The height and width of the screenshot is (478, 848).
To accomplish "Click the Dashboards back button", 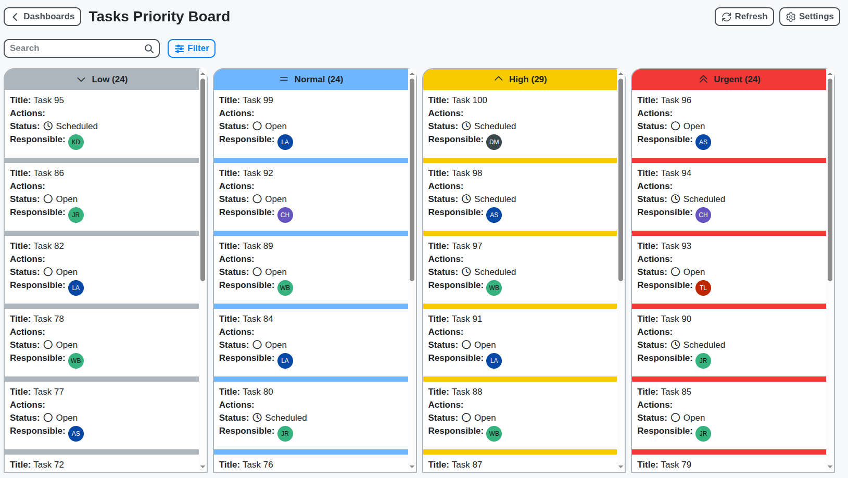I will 42,17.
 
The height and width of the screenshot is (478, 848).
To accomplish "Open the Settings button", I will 809,17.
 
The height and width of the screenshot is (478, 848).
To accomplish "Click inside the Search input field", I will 73,48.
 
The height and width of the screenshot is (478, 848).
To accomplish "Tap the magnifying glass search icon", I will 149,48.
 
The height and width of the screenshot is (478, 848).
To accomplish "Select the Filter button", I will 191,48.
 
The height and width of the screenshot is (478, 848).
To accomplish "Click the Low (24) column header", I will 102,80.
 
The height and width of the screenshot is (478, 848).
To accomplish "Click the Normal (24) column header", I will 311,80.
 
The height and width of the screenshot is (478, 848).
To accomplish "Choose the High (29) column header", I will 520,80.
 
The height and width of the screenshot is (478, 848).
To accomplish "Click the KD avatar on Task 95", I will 76,142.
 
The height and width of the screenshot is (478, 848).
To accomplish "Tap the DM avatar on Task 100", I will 494,142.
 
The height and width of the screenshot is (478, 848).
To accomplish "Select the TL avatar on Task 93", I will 703,288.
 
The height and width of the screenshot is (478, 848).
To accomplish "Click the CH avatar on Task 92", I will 285,215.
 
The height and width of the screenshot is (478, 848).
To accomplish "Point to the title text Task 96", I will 676,100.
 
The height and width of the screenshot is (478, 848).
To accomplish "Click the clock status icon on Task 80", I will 257,418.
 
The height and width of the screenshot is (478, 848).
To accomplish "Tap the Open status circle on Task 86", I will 48,199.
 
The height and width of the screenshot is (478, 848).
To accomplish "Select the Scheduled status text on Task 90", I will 704,345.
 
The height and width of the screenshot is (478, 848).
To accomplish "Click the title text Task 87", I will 466,464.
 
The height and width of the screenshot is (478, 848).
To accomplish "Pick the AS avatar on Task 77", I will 76,434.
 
